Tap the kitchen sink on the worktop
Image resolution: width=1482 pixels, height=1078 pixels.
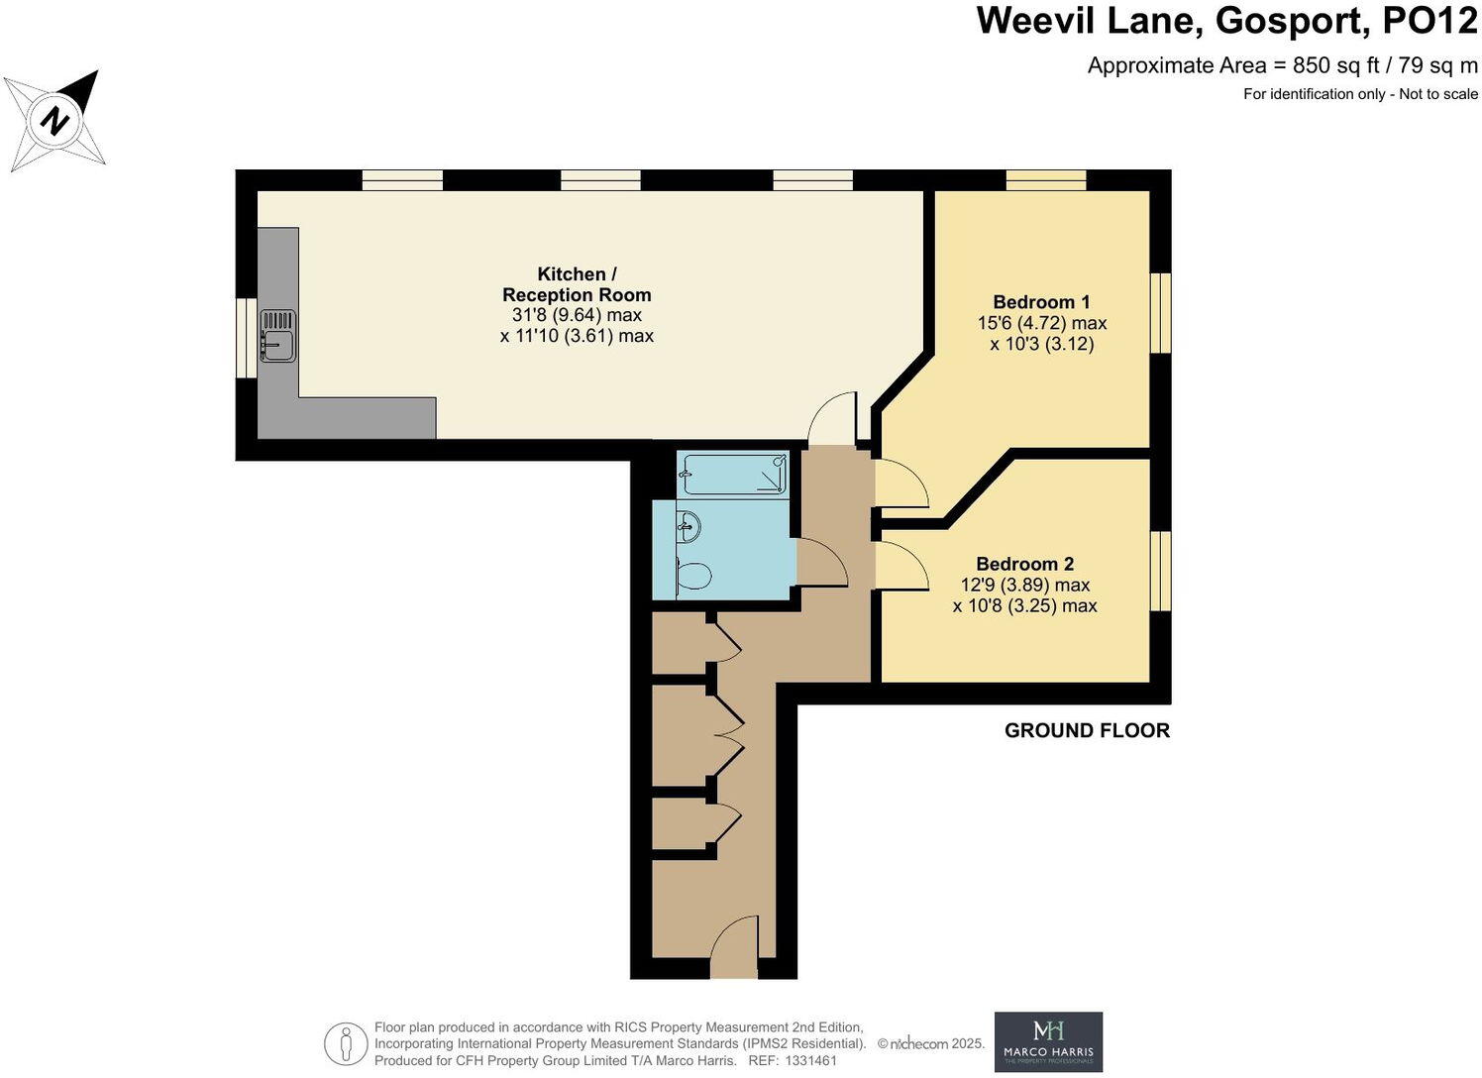(278, 335)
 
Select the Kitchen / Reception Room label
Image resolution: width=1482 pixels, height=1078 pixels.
(576, 284)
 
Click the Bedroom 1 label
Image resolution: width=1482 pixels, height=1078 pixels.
(1041, 302)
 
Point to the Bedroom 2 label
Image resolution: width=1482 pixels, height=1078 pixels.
(1024, 564)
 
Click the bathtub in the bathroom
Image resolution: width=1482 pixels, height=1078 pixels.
(733, 474)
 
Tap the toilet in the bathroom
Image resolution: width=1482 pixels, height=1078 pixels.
(692, 576)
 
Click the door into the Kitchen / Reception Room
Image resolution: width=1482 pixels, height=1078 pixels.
(832, 420)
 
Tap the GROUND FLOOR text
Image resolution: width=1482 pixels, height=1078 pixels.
(1087, 731)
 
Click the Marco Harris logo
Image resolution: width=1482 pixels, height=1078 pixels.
(1048, 1041)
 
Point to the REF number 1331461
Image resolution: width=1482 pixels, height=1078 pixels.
(811, 1060)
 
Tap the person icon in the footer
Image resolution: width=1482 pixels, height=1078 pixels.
(346, 1043)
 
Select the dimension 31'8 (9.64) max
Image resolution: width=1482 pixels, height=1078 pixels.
(576, 315)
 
